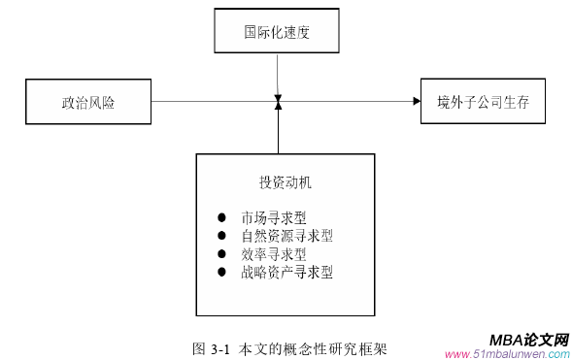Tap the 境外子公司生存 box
[479, 102]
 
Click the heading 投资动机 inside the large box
[285, 182]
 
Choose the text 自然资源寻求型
[287, 236]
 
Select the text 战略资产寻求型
[287, 273]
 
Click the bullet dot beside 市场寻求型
[221, 217]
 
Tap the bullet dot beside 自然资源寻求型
[221, 236]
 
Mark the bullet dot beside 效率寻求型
[221, 254]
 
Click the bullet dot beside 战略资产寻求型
[221, 273]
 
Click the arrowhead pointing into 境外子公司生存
[416, 101]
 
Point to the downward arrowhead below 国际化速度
[278, 96]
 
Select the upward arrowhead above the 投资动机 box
[278, 106]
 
